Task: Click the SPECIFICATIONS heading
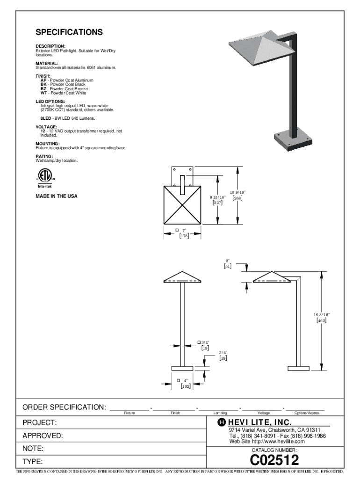[x=70, y=33]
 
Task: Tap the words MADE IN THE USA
[x=57, y=196]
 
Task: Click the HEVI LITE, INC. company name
[x=260, y=422]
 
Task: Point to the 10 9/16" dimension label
[x=237, y=192]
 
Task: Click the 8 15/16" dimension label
[x=218, y=198]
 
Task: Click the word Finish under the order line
[x=175, y=413]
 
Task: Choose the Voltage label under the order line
[x=263, y=413]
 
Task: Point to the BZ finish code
[x=43, y=88]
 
